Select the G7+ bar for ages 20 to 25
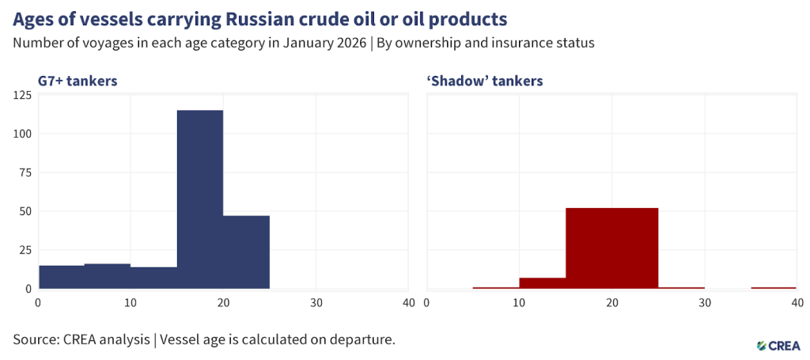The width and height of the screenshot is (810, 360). [x=246, y=252]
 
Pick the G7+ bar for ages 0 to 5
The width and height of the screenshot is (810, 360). [x=61, y=277]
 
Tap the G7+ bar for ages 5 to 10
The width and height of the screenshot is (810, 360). [x=108, y=276]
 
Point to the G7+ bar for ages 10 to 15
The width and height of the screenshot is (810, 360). [x=153, y=278]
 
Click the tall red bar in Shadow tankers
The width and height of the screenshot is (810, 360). [x=611, y=248]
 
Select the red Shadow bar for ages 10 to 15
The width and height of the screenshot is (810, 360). [x=543, y=283]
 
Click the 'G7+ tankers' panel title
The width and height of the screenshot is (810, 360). [x=78, y=81]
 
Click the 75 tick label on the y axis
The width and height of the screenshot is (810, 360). [x=25, y=172]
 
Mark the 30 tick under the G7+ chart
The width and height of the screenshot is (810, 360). [x=316, y=302]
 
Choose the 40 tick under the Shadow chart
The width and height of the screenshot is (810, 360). [x=797, y=302]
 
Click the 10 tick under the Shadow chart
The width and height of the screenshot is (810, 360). [x=519, y=302]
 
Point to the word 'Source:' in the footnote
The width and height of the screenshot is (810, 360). [x=39, y=339]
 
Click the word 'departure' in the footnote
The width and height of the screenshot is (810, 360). [x=362, y=340]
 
